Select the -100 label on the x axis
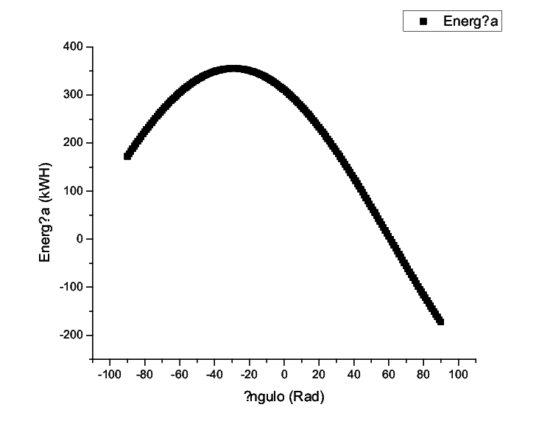(108, 375)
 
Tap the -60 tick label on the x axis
(179, 375)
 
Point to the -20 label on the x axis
(249, 375)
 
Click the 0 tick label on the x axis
(285, 375)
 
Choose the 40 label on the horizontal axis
(355, 375)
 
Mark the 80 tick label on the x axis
(424, 375)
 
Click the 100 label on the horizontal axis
(459, 375)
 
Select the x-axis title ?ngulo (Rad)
(284, 397)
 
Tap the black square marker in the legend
(423, 21)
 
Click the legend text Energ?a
(471, 21)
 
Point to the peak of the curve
(233, 69)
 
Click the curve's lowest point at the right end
(440, 321)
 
